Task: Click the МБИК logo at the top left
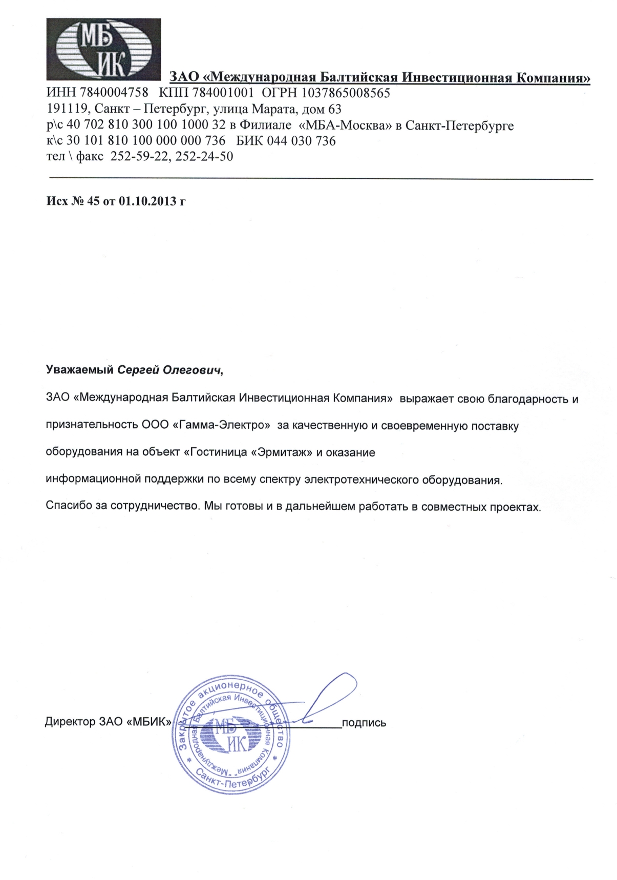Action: click(x=103, y=49)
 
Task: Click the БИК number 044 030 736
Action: click(x=303, y=140)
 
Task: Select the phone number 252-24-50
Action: click(x=204, y=156)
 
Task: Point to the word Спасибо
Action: click(x=69, y=507)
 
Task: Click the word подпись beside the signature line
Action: click(x=364, y=723)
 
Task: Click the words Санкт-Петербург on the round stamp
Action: click(x=231, y=781)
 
